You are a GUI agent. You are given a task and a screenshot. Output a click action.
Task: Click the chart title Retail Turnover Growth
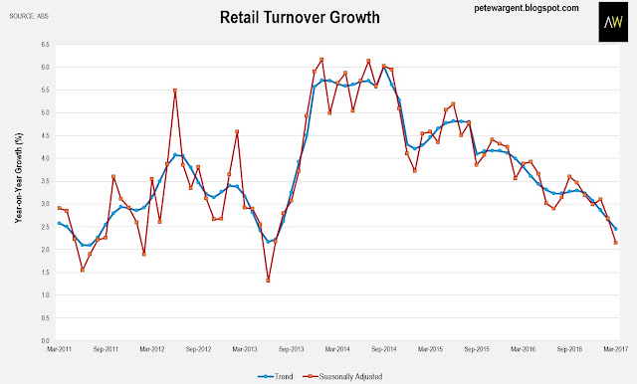coord(300,18)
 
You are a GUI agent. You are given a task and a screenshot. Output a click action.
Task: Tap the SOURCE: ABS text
coord(29,16)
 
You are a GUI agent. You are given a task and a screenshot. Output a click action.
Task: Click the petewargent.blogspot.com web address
coord(527,8)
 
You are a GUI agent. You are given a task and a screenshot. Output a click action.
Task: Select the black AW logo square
coord(613,22)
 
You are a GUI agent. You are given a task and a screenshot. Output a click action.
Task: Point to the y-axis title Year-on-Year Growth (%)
coord(19,178)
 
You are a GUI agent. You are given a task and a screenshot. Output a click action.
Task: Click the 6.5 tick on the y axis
coord(45,44)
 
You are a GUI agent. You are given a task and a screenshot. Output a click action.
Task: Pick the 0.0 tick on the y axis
coord(45,340)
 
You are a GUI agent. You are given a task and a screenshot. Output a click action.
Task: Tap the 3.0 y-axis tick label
coord(45,204)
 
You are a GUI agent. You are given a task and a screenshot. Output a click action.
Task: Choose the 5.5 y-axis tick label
coord(45,90)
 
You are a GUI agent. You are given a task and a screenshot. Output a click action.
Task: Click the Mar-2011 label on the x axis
coord(59,349)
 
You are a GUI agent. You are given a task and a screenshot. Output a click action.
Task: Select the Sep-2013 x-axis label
coord(291,349)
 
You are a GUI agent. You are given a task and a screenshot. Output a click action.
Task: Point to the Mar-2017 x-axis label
coord(615,349)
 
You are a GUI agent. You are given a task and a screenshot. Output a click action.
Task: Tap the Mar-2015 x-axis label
coord(430,349)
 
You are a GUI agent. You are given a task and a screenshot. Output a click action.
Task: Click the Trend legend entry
coord(276,377)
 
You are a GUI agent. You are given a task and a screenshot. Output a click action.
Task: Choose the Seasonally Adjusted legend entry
coord(342,377)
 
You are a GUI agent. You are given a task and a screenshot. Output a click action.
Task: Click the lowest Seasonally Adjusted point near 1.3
coord(268,281)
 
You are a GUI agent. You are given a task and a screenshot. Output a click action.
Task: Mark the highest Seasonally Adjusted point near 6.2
coord(321,60)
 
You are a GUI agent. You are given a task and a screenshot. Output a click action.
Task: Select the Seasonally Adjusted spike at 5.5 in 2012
coord(175,91)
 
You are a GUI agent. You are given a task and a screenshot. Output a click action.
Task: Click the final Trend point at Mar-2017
coord(616,229)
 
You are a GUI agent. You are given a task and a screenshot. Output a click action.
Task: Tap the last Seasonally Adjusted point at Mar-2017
coord(616,243)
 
